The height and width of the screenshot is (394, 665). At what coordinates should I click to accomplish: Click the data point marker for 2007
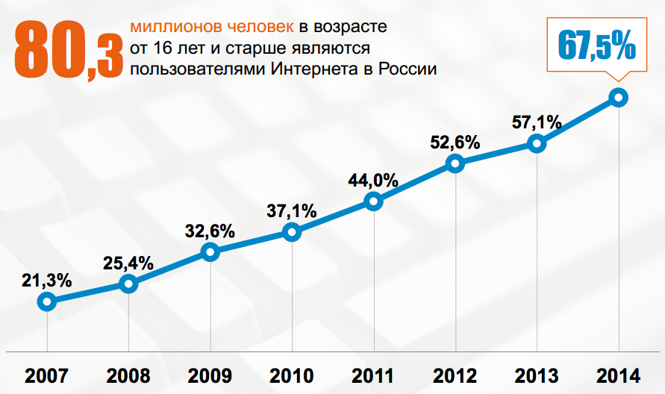point(47,301)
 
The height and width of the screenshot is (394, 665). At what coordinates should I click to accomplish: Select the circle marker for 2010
point(292,233)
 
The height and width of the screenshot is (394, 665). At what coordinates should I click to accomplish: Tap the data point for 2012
point(455,163)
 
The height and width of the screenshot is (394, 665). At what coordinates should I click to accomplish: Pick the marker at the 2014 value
point(618,97)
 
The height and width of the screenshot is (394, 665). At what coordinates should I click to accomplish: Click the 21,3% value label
point(46,281)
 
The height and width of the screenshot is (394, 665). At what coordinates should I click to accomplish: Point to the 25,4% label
point(128,263)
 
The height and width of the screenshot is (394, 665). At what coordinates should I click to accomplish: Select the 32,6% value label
point(210,231)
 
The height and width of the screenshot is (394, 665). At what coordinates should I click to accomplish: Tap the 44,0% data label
point(373,181)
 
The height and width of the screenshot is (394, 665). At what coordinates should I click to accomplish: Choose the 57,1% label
point(537,121)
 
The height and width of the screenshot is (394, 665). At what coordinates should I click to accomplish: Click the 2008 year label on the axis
point(128,375)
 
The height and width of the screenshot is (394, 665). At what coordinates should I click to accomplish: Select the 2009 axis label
point(210,375)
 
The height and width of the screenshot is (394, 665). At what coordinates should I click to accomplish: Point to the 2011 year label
point(373,375)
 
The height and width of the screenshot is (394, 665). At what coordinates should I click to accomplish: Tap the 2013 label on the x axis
point(537,375)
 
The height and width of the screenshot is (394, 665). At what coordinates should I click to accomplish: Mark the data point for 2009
point(210,252)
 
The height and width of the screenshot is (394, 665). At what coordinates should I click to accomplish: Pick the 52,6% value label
point(455,143)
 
